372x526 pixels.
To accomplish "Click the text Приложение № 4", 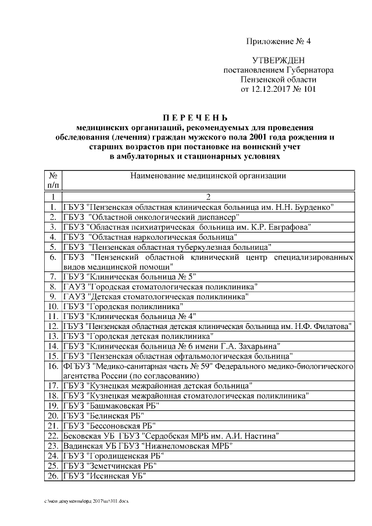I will pyautogui.click(x=278, y=41).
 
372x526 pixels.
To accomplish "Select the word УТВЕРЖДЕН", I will pyautogui.click(x=278, y=60).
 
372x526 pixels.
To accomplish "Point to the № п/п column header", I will pyautogui.click(x=53, y=180).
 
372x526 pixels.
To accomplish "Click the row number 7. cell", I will pyautogui.click(x=53, y=276).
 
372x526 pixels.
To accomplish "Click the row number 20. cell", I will pyautogui.click(x=53, y=416).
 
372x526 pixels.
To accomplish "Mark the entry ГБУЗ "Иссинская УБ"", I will pyautogui.click(x=105, y=477).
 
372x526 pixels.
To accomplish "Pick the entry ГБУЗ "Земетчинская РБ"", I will pyautogui.click(x=110, y=466).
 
